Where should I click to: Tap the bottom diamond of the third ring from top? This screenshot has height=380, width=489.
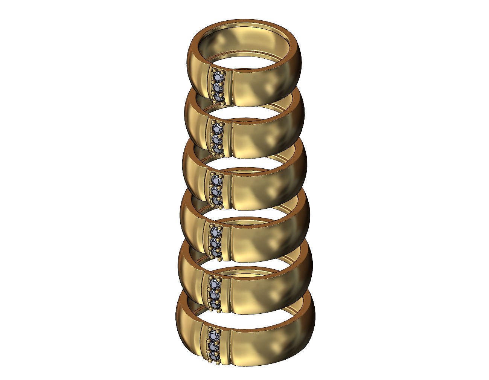coord(216,200)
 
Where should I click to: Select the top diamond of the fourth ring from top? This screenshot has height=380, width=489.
coord(215,231)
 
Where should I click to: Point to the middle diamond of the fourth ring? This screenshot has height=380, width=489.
coord(215,241)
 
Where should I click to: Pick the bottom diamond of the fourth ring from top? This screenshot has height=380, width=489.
coord(215,251)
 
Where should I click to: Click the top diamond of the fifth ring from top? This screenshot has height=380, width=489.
coord(215,284)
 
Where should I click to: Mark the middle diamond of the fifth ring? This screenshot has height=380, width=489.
coord(215,293)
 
